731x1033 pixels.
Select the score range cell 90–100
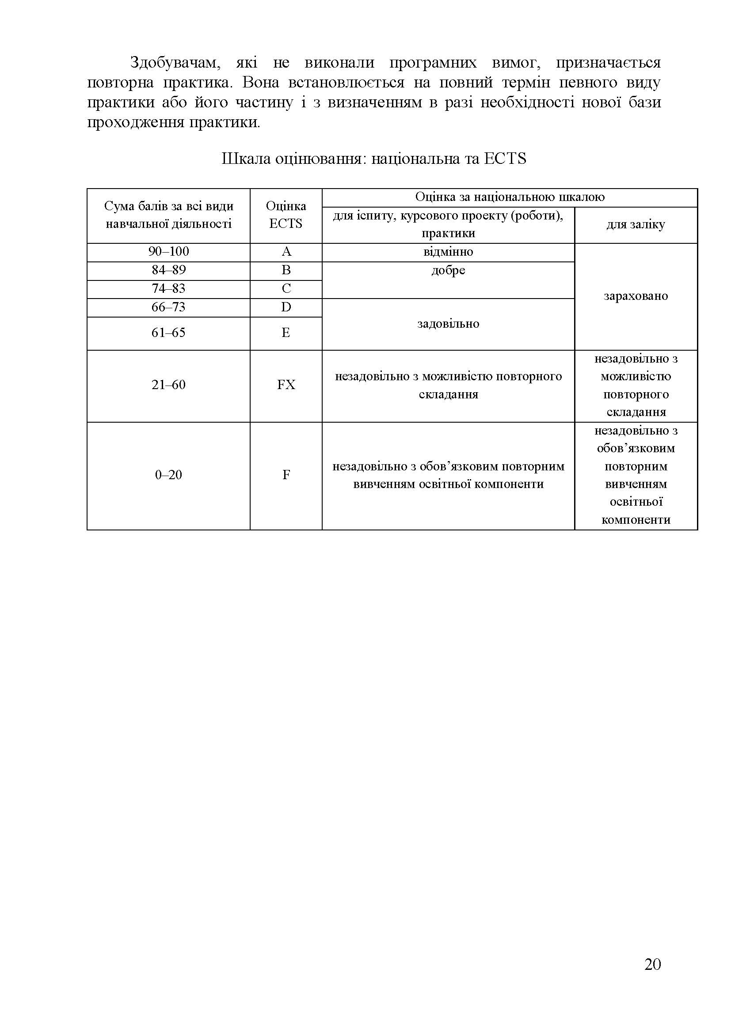pyautogui.click(x=168, y=251)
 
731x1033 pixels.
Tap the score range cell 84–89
pyautogui.click(x=168, y=270)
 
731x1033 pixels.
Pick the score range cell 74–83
pyautogui.click(x=168, y=288)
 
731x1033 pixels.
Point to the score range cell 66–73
pyautogui.click(x=168, y=307)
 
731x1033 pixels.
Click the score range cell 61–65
pyautogui.click(x=168, y=333)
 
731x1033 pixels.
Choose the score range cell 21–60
pyautogui.click(x=168, y=385)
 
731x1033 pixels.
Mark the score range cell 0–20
pyautogui.click(x=168, y=475)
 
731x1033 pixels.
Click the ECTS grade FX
pyautogui.click(x=286, y=385)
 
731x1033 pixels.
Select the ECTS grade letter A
pyautogui.click(x=286, y=251)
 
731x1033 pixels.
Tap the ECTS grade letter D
pyautogui.click(x=286, y=307)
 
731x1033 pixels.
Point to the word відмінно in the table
pyautogui.click(x=448, y=251)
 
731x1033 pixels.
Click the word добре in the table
pyautogui.click(x=448, y=270)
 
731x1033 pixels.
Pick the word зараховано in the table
pyautogui.click(x=636, y=296)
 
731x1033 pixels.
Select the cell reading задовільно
pyautogui.click(x=448, y=323)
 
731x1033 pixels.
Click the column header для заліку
pyautogui.click(x=636, y=224)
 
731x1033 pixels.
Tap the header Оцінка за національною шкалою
pyautogui.click(x=510, y=197)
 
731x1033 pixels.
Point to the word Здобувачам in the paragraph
pyautogui.click(x=175, y=63)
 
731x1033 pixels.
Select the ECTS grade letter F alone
pyautogui.click(x=286, y=475)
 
